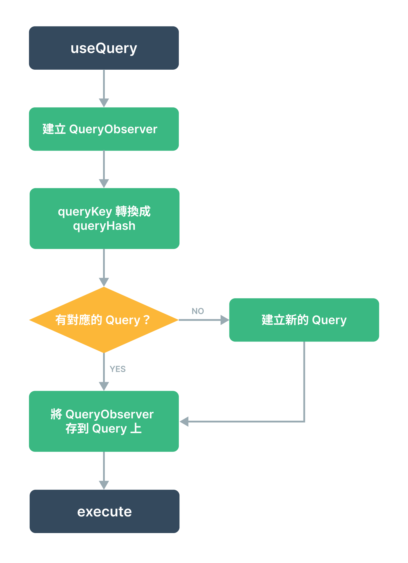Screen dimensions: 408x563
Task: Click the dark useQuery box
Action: pos(104,48)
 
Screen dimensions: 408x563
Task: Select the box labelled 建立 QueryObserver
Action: pos(104,129)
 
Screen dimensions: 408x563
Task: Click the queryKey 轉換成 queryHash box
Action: pos(105,218)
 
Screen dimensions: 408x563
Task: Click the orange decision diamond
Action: pos(104,320)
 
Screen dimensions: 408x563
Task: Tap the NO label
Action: pos(198,311)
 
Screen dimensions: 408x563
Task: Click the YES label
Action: pos(118,369)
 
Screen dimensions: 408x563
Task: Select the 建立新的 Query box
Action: pos(304,320)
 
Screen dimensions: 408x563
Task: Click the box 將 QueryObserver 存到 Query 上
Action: pos(104,421)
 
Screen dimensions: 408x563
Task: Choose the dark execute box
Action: pos(105,511)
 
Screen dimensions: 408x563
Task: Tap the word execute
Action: pos(105,512)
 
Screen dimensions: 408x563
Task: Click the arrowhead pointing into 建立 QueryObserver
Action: pos(104,103)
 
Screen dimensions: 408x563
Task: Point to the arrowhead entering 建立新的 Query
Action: pos(225,320)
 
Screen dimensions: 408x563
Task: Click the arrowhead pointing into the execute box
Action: pos(104,485)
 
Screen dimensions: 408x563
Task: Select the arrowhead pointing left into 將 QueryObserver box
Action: pos(184,421)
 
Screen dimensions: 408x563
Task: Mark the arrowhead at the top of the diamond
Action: pos(104,282)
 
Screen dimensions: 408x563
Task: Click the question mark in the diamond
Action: pos(146,320)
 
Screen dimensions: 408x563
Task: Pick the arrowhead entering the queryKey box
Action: pos(104,184)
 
